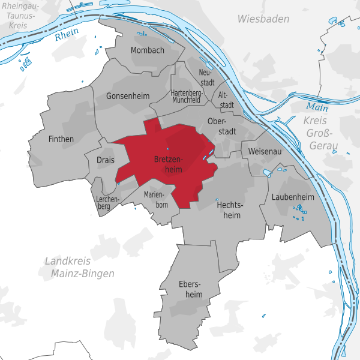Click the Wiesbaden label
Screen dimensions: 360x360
pyautogui.click(x=263, y=19)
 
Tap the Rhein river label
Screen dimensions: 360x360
pyautogui.click(x=67, y=36)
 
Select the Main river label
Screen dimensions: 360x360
pyautogui.click(x=317, y=107)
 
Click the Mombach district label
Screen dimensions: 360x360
pyautogui.click(x=147, y=50)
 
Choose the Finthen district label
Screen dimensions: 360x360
pyautogui.click(x=60, y=139)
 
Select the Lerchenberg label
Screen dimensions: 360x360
pyautogui.click(x=108, y=202)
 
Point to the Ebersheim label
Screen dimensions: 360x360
pyautogui.click(x=191, y=289)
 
